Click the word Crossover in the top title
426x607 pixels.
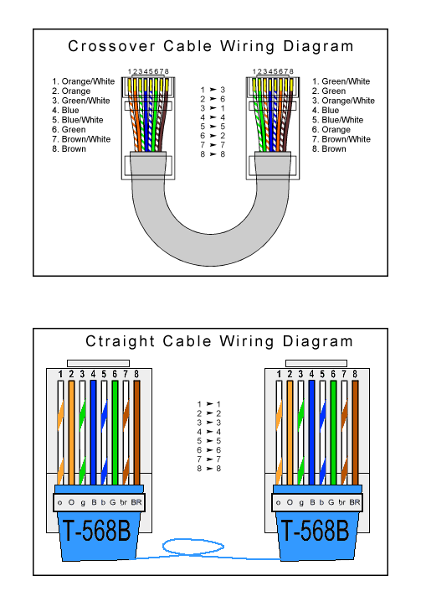pyautogui.click(x=108, y=46)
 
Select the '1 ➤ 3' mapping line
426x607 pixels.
pyautogui.click(x=213, y=89)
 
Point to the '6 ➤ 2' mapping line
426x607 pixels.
pyautogui.click(x=213, y=136)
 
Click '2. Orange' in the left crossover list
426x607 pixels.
pyautogui.click(x=71, y=91)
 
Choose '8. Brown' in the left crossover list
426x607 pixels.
pyautogui.click(x=69, y=148)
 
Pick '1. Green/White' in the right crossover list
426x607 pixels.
pyautogui.click(x=341, y=81)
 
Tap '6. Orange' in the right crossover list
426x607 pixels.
pyautogui.click(x=332, y=130)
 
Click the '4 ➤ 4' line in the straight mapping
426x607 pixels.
pyautogui.click(x=209, y=432)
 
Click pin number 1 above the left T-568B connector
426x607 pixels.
pyautogui.click(x=60, y=373)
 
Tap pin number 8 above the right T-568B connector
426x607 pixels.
pyautogui.click(x=356, y=373)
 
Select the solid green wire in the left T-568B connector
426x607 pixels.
pyautogui.click(x=114, y=428)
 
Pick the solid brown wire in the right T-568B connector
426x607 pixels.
pyautogui.click(x=356, y=428)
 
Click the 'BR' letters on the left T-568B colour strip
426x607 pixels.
pyautogui.click(x=136, y=502)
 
